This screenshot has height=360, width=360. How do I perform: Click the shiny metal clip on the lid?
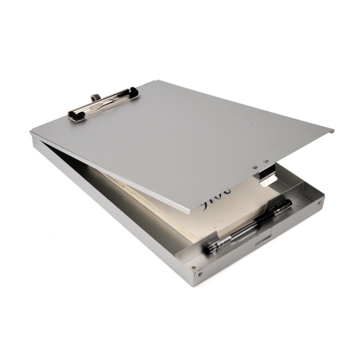tap(103, 103)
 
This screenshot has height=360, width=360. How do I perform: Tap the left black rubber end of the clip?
tap(74, 114)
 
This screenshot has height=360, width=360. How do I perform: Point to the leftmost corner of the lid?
tap(31, 133)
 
